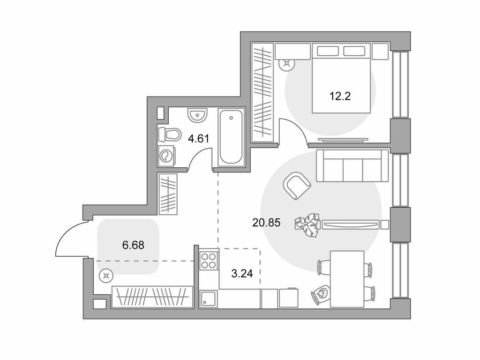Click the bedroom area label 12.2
tap(340, 97)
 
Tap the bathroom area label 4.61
tap(198, 139)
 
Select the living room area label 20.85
tap(266, 223)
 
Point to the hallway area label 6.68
tap(133, 245)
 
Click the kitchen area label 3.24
tap(242, 273)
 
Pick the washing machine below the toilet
tap(166, 156)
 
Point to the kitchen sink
tap(209, 299)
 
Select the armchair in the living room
tap(297, 186)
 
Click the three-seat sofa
tap(352, 165)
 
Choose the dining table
tap(347, 279)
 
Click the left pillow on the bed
tap(328, 51)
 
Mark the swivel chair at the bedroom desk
tap(287, 64)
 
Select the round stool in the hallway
tap(106, 277)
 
